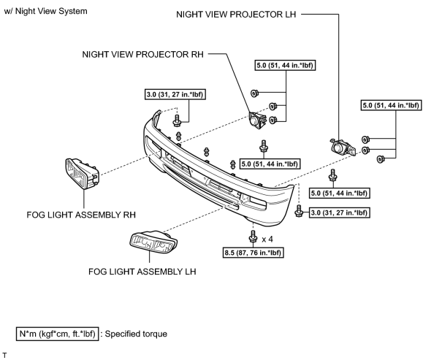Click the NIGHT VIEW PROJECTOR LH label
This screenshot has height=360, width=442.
(236, 15)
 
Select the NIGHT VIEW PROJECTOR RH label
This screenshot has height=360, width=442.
(142, 54)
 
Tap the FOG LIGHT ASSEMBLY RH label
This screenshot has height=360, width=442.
(81, 215)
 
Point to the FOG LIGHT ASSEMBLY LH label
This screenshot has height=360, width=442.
(142, 272)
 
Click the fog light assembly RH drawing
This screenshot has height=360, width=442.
(82, 174)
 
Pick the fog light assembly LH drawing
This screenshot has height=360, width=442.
(153, 242)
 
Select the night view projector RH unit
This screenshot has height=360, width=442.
(257, 120)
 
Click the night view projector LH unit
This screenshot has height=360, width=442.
(343, 148)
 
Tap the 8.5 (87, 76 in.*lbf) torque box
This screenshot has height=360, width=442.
(253, 253)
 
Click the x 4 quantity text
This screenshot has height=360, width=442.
(267, 240)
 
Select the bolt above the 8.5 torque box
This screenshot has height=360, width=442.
(253, 237)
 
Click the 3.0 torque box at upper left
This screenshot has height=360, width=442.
(175, 94)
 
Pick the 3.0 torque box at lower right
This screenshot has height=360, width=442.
(339, 212)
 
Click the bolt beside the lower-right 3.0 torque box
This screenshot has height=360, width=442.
(299, 211)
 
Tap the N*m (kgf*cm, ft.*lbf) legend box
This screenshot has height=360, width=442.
(57, 334)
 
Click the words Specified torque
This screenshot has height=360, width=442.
(136, 334)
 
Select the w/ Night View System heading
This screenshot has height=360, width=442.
(46, 11)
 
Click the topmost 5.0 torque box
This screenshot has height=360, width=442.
(285, 65)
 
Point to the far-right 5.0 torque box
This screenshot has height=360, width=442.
(392, 105)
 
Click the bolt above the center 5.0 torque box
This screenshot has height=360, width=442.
(264, 147)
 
